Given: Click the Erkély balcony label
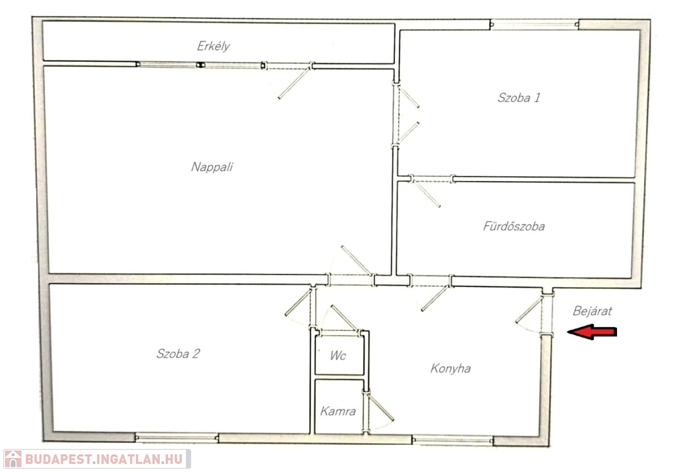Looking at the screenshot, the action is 213,46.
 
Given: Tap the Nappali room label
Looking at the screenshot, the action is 212,167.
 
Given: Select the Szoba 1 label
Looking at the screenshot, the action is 519,97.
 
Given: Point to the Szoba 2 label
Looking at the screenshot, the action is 178,354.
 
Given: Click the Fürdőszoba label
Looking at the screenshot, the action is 514,226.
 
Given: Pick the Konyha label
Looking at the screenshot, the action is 450,369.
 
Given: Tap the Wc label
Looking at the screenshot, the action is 338,355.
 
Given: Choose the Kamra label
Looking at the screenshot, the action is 338,411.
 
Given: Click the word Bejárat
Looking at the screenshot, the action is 593,310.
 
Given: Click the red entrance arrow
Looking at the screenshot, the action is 592,332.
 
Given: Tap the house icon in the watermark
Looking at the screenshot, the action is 13,459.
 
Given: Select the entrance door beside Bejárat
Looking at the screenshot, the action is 529,310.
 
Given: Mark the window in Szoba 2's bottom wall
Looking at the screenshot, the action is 177,438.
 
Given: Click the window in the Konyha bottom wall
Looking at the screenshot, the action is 452,440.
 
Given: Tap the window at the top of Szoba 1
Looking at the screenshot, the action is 534,24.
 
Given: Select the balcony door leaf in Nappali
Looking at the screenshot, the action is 293,83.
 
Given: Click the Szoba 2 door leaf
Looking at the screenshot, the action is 297,303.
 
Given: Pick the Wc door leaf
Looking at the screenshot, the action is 344,318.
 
